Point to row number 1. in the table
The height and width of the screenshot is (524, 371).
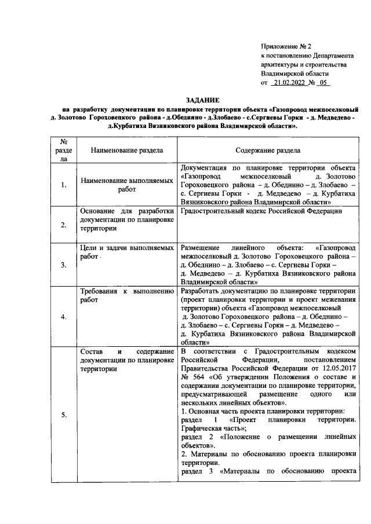[x=64, y=185]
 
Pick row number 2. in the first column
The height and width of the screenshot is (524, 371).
[x=64, y=225]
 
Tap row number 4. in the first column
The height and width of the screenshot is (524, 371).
[x=64, y=316]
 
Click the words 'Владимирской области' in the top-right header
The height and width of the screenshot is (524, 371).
[x=294, y=74]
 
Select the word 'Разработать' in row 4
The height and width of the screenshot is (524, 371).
[x=200, y=291]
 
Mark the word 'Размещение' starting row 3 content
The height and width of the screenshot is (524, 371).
[x=201, y=247]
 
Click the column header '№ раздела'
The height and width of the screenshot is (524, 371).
[x=64, y=149]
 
